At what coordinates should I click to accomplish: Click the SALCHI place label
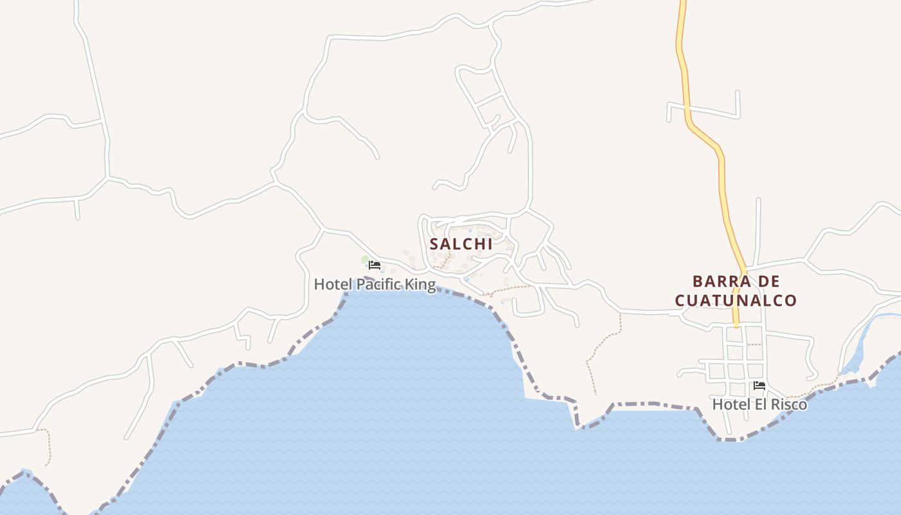[461, 244]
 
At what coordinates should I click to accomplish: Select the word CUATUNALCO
[736, 300]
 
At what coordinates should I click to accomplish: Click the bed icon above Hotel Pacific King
[374, 265]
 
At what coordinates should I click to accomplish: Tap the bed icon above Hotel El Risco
[759, 386]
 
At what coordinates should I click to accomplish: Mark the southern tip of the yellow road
[737, 325]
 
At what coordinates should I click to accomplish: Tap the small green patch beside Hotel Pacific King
[365, 259]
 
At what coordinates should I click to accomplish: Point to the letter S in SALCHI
[434, 244]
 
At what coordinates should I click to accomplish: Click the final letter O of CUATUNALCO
[791, 300]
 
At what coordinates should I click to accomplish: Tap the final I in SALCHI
[490, 244]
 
